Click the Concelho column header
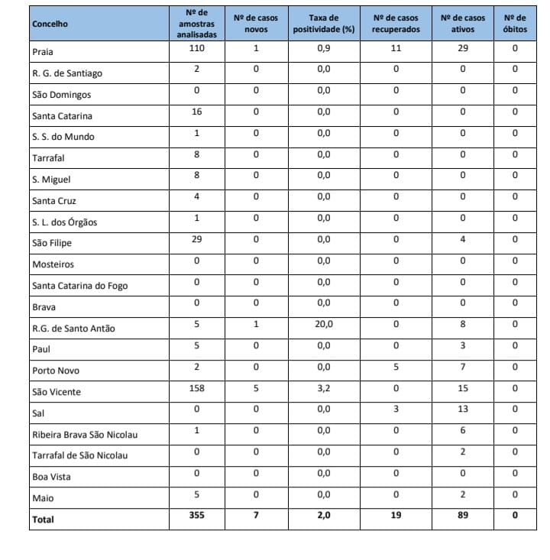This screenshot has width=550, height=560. coord(50,24)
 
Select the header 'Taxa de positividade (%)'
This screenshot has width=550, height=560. coord(324,24)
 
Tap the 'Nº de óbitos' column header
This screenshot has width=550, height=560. coord(515,24)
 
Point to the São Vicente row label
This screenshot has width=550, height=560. coord(57,392)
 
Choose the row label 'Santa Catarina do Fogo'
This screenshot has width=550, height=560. coord(80,286)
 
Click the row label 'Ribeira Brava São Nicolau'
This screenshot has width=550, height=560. coord(85,435)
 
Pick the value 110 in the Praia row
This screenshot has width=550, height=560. coord(197,47)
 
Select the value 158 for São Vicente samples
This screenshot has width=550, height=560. coord(197,387)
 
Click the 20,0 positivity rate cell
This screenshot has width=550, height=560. coord(324,324)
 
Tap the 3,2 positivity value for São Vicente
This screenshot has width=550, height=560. coord(324,388)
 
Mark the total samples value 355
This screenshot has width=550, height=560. coord(197,516)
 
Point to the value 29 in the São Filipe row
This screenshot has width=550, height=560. coord(197,239)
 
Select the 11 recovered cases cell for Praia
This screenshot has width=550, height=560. coord(395,48)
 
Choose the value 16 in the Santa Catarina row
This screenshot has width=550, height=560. coord(197,112)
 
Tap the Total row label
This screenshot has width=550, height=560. coord(44,520)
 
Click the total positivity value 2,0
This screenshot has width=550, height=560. coord(324,516)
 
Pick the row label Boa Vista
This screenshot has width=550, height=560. coord(50,477)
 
